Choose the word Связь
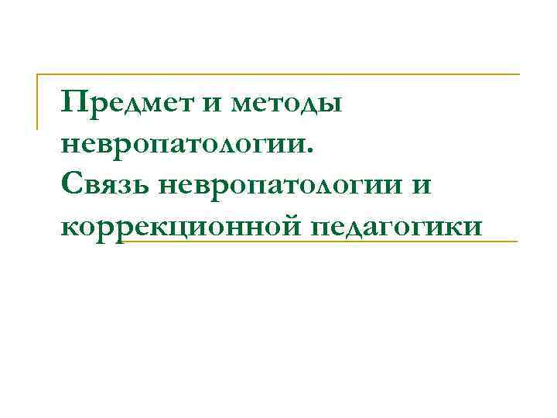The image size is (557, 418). tap(106, 186)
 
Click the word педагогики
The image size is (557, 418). tap(397, 226)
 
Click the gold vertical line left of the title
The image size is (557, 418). tap(38, 101)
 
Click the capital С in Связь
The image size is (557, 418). tap(70, 184)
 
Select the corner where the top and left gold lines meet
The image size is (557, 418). tap(38, 74)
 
